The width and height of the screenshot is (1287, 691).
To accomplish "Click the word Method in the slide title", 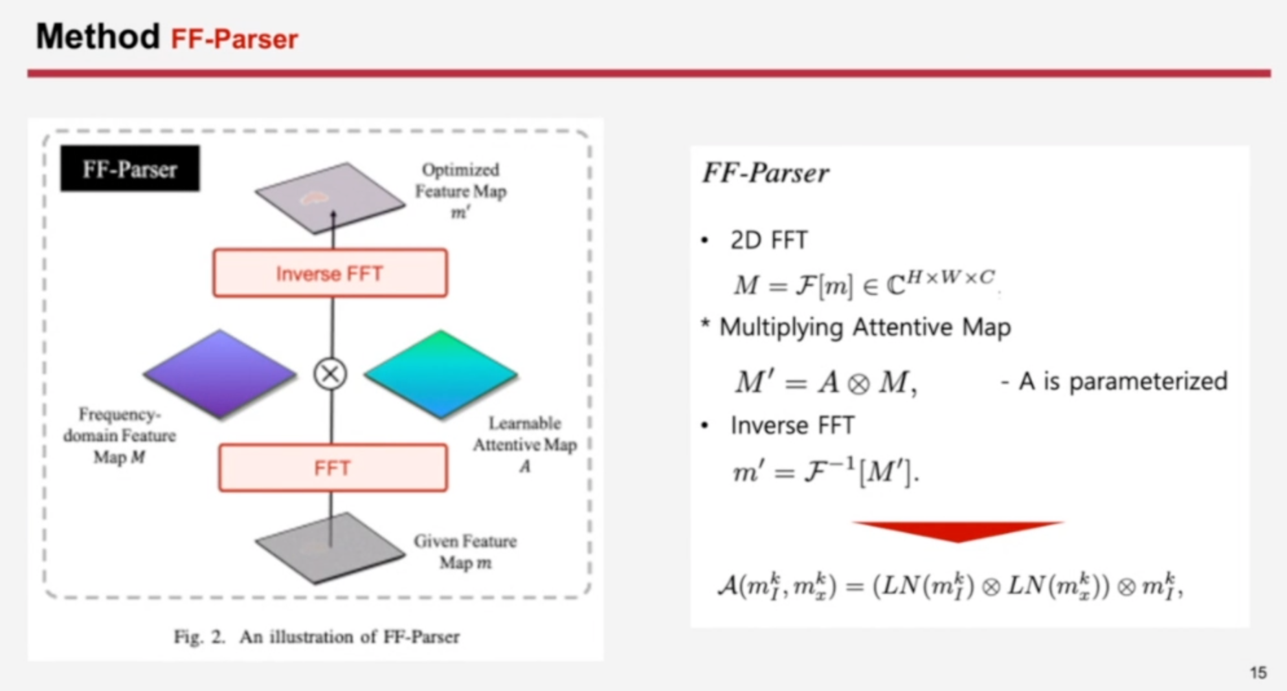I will (98, 36).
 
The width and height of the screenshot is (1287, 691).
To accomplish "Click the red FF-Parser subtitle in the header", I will (234, 39).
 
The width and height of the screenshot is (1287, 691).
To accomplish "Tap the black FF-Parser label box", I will (130, 169).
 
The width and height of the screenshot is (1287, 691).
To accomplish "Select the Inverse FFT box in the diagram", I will (330, 273).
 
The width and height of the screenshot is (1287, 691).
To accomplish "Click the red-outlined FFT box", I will (333, 467).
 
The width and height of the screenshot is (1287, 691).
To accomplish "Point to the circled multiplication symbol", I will (330, 374).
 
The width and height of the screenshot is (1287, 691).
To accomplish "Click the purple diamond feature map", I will (220, 373).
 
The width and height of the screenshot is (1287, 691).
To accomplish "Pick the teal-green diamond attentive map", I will (441, 373).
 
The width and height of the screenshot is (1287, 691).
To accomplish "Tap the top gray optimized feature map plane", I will (330, 196).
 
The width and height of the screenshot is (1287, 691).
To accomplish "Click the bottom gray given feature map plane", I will (330, 547).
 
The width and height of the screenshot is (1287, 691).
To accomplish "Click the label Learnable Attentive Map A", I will (524, 444).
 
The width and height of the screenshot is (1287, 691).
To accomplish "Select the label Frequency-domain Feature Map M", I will (120, 435).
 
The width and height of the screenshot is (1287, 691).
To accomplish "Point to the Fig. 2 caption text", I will (317, 637).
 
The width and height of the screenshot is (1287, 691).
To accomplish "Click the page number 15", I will (1258, 673).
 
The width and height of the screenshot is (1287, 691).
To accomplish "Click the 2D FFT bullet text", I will (768, 240).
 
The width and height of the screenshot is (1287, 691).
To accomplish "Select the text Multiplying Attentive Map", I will (865, 327).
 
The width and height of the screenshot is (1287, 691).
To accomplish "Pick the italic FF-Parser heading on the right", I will (765, 173).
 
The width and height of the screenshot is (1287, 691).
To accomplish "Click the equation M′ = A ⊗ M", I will (825, 382).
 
